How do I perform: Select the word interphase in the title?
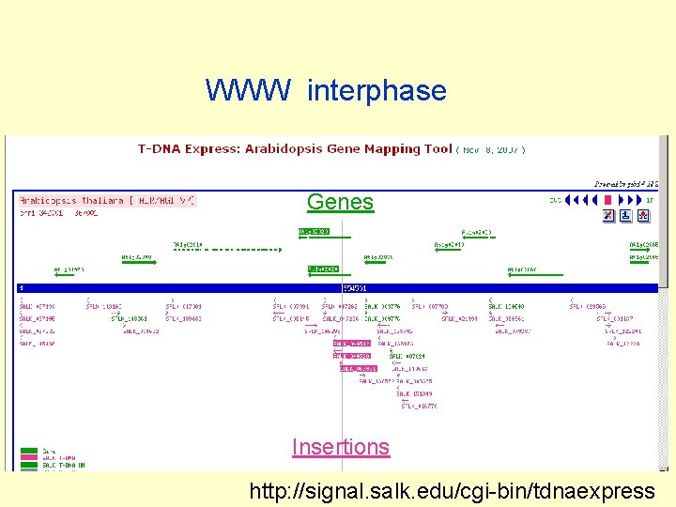pyautogui.click(x=376, y=91)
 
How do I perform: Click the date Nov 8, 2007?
pyautogui.click(x=494, y=149)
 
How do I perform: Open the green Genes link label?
pyautogui.click(x=340, y=202)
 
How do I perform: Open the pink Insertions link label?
pyautogui.click(x=340, y=447)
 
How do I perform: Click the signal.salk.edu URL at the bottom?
pyautogui.click(x=452, y=490)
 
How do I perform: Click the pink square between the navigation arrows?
pyautogui.click(x=607, y=200)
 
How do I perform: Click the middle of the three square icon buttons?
pyautogui.click(x=626, y=216)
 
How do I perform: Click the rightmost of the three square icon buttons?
pyautogui.click(x=643, y=216)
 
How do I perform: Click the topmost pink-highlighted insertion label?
pyautogui.click(x=353, y=344)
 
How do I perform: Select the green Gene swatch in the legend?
pyautogui.click(x=28, y=451)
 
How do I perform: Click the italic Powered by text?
pyautogui.click(x=620, y=184)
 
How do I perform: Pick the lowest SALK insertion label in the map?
pyautogui.click(x=421, y=406)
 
